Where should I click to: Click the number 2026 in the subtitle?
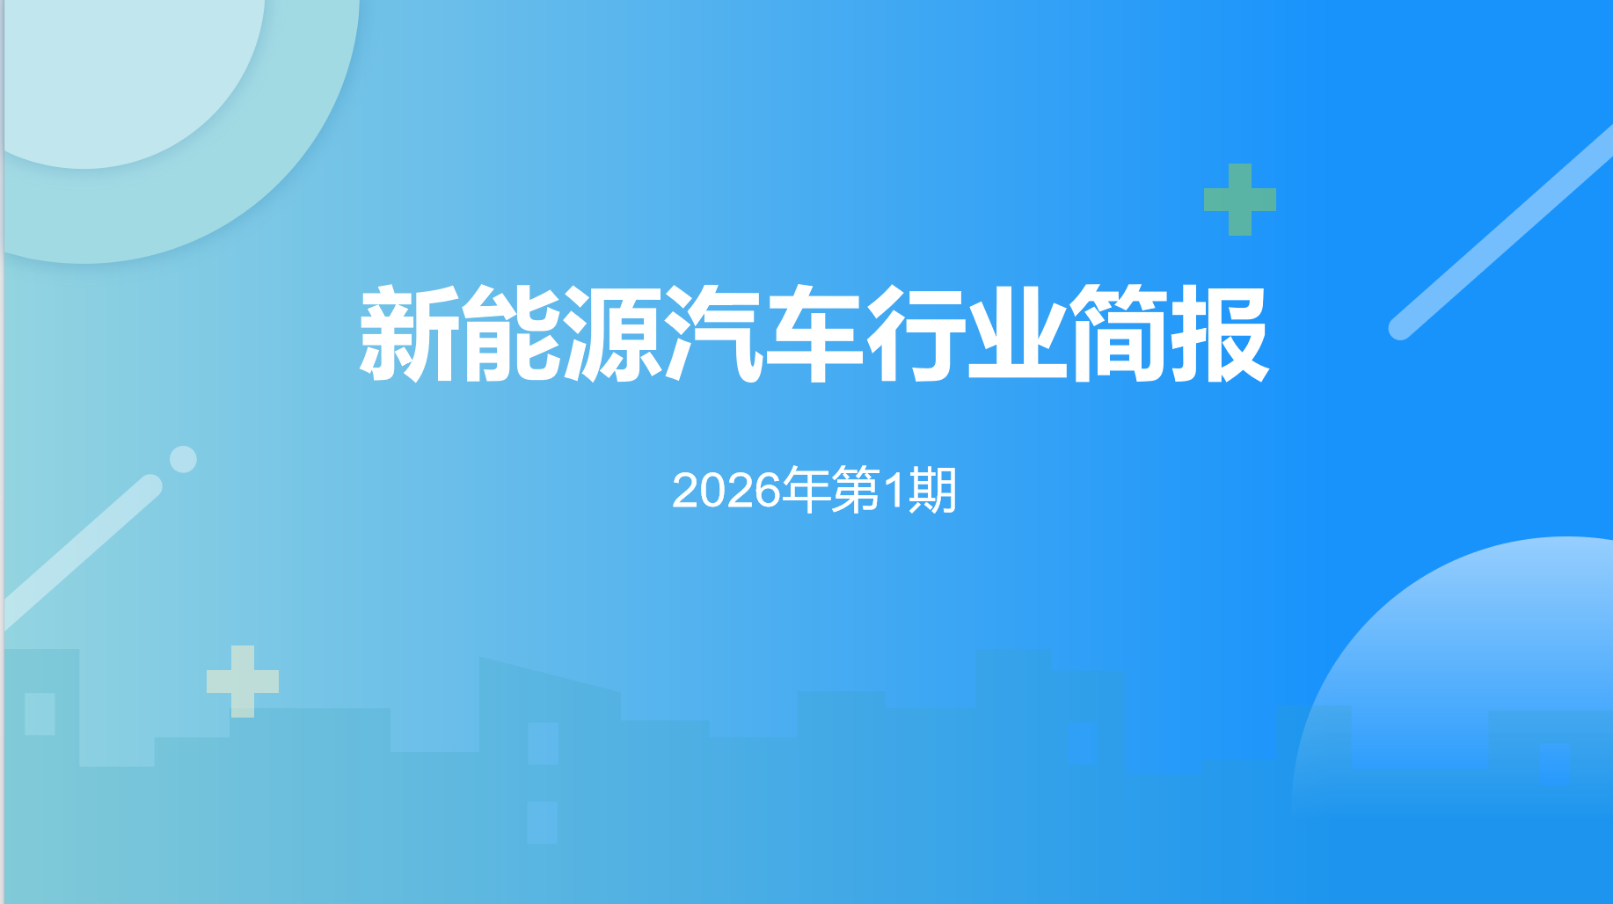coord(726,491)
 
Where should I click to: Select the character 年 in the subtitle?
coord(806,490)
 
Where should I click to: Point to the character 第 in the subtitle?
coord(856,490)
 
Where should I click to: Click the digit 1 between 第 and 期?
coord(894,491)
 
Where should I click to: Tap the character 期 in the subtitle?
coord(932,490)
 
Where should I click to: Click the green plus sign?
coord(1240,200)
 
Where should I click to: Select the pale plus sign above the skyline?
coord(243,682)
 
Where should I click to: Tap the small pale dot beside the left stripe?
coord(183,459)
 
